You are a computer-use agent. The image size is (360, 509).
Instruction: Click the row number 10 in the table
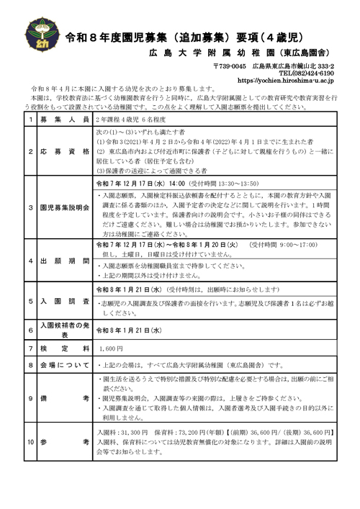pos(30,439)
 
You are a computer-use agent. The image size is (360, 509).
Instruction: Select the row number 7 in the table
pos(30,348)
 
